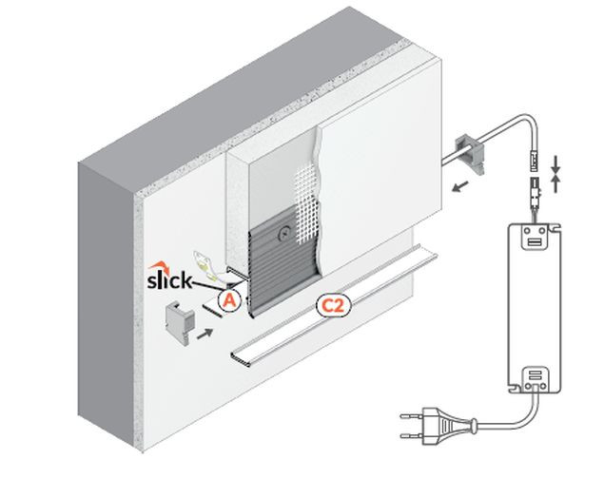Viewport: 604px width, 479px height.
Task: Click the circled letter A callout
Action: [x=228, y=298]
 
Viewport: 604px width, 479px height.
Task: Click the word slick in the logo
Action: [x=171, y=281]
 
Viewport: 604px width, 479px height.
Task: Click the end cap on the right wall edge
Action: [x=472, y=151]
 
